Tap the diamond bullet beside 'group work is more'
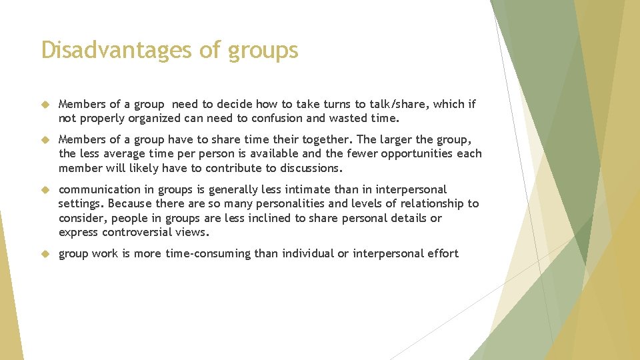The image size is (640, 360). click(x=45, y=254)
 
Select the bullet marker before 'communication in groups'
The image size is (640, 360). click(x=45, y=190)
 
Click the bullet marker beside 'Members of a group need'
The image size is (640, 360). click(x=45, y=105)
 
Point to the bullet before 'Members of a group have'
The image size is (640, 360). click(x=45, y=140)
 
